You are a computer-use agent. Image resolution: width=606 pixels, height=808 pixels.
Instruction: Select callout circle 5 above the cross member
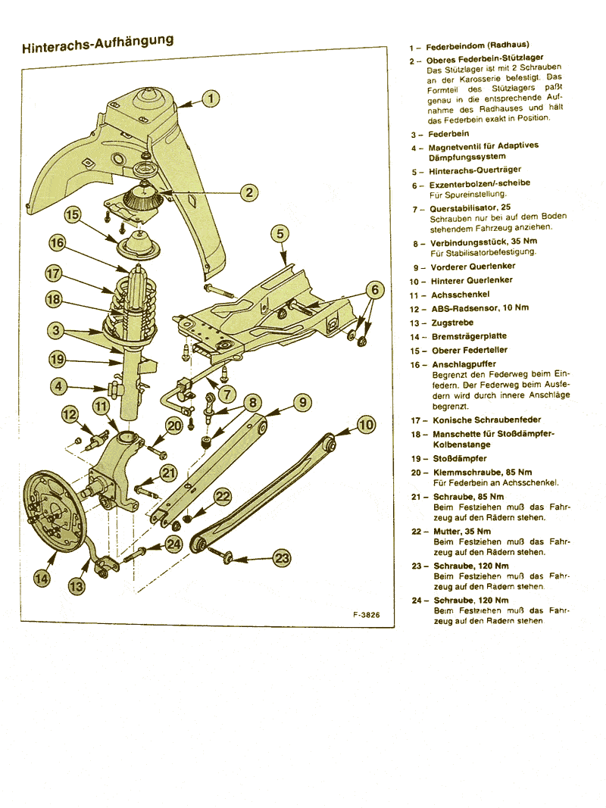[x=280, y=233]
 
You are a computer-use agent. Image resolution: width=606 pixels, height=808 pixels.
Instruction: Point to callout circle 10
[x=366, y=425]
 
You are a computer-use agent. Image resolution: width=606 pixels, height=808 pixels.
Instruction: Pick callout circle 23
[x=282, y=559]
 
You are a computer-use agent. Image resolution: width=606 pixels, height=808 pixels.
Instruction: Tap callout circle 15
[x=73, y=215]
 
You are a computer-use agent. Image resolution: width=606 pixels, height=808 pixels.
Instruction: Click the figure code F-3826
[x=366, y=616]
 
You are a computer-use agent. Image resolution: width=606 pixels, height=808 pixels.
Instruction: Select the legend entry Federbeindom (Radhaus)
[x=476, y=46]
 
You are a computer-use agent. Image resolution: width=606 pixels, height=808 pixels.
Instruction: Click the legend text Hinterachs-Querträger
[x=475, y=170]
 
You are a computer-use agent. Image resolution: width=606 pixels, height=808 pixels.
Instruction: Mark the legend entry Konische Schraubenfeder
[x=486, y=420]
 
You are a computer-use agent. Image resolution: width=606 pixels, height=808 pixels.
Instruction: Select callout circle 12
[x=70, y=414]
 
